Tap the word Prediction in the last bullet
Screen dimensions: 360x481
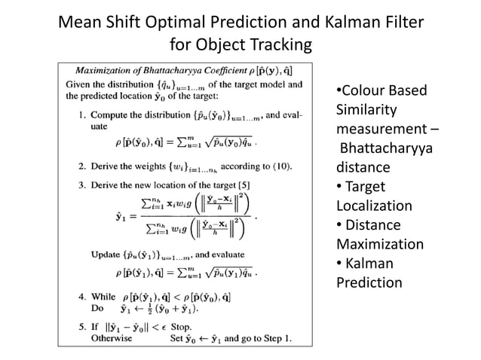click(369, 282)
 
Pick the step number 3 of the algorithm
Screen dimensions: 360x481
click(82, 185)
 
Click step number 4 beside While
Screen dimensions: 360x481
click(82, 297)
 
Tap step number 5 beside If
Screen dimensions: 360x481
click(82, 328)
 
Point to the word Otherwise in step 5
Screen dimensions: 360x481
click(112, 338)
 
